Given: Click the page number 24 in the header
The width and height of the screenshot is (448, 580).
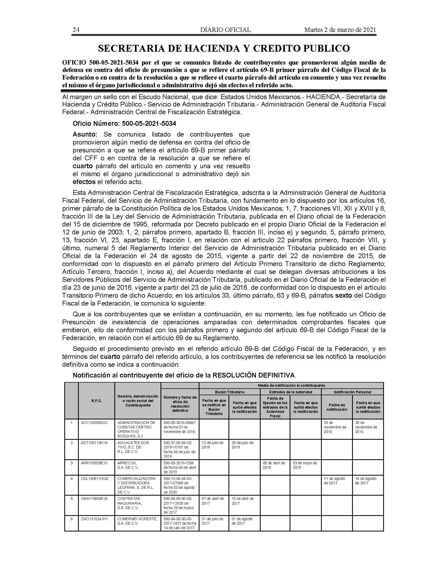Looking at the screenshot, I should click(76, 30).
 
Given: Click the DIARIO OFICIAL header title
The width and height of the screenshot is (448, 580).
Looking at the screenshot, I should click(225, 30).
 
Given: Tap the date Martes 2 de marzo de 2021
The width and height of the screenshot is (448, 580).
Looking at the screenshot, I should click(340, 30).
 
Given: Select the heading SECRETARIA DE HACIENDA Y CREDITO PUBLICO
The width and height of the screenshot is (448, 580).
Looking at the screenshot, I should click(224, 48).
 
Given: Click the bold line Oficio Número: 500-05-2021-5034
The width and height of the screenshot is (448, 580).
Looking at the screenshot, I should click(124, 123).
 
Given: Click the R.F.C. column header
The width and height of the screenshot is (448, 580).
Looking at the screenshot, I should click(97, 401).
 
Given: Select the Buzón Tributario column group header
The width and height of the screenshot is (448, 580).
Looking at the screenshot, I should click(230, 392).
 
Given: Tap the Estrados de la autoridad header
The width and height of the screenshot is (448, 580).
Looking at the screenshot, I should click(291, 392).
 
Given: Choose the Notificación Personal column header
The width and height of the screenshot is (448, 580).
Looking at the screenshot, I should click(352, 392).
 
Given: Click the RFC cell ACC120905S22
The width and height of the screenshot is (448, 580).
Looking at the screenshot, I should click(94, 423).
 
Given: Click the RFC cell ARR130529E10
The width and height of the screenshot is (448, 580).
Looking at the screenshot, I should click(94, 463).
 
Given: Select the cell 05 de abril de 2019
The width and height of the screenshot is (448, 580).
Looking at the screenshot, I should click(274, 465).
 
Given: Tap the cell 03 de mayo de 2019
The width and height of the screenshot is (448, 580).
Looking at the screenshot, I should click(305, 465).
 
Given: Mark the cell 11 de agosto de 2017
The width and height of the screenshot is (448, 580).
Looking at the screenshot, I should click(334, 481).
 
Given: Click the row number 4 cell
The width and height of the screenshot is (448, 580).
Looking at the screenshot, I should click(71, 478).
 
